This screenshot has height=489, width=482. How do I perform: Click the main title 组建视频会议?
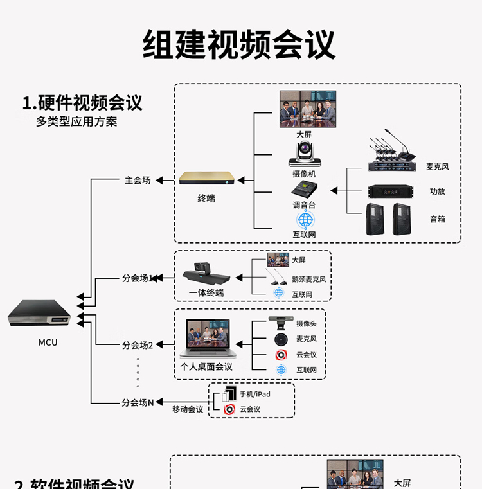[x=239, y=44]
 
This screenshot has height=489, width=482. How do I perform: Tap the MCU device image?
[x=39, y=314]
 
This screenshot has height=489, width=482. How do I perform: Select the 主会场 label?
[x=138, y=181]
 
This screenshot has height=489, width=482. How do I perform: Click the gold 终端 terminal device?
[x=206, y=178]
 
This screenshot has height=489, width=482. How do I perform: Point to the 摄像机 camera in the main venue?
[x=304, y=155]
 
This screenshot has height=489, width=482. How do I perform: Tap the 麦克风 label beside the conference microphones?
[x=437, y=166]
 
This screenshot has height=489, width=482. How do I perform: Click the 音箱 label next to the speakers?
[x=437, y=219]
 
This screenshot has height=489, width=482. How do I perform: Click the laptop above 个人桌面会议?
[x=208, y=339]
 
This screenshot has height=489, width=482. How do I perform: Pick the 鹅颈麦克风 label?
[x=308, y=280]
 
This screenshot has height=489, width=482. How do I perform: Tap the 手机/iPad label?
[x=254, y=394]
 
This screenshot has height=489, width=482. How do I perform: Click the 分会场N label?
[x=138, y=403]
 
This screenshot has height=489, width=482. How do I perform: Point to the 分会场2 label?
[x=138, y=345]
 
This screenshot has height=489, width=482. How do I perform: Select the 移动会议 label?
[x=188, y=409]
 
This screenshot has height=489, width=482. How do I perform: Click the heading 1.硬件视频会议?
[x=82, y=103]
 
